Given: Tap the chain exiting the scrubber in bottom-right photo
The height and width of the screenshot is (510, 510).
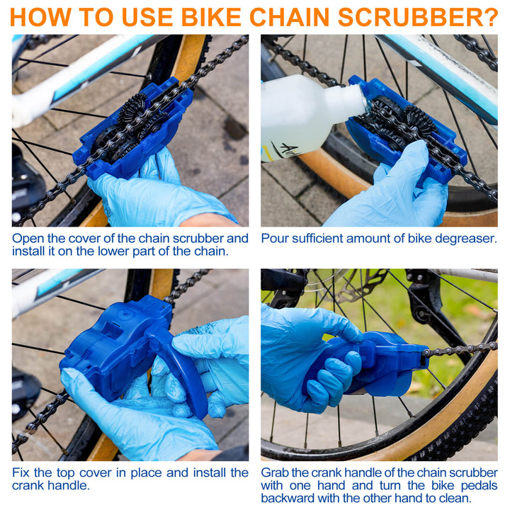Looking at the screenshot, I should [460, 348].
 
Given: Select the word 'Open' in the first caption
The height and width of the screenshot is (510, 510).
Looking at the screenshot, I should [26, 239].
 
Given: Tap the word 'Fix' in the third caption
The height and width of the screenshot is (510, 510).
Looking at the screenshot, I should [21, 472].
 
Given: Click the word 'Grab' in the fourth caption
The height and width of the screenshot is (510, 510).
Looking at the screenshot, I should [276, 472].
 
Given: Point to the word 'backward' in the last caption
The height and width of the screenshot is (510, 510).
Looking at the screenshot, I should [290, 499].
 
